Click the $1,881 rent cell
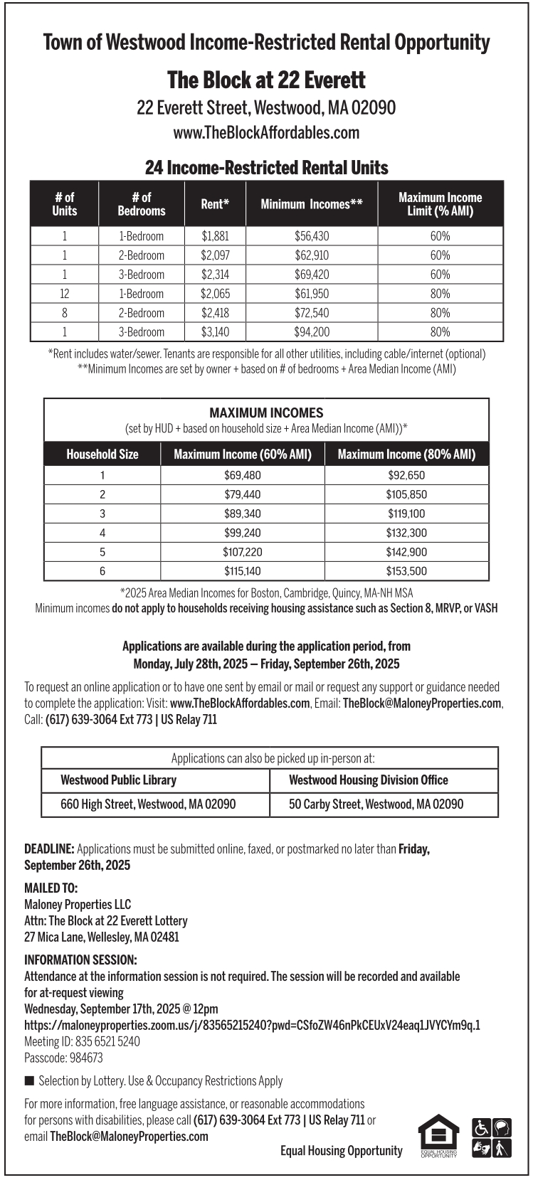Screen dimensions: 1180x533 (215, 236)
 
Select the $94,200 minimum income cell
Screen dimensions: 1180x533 (312, 332)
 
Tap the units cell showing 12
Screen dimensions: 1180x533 (64, 294)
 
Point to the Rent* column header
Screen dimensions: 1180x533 (215, 204)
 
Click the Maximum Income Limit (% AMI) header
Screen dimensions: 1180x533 (440, 204)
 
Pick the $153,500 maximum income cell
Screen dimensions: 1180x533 (406, 571)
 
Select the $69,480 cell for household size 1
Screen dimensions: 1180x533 (243, 476)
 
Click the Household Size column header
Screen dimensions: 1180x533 (102, 455)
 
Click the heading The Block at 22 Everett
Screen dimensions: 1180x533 (266, 80)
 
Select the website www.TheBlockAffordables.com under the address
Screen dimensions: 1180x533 (266, 133)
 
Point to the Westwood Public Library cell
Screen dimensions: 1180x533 (119, 780)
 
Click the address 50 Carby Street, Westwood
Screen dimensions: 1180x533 (376, 804)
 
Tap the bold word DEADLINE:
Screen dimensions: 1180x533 (49, 849)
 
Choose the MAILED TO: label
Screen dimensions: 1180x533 (51, 888)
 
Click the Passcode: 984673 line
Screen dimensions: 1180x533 (63, 1058)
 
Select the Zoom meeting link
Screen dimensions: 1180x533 (252, 1026)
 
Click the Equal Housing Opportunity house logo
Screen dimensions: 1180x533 (438, 1136)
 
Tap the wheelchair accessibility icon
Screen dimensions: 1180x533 (481, 1128)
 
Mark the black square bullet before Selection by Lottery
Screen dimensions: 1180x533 (29, 1081)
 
